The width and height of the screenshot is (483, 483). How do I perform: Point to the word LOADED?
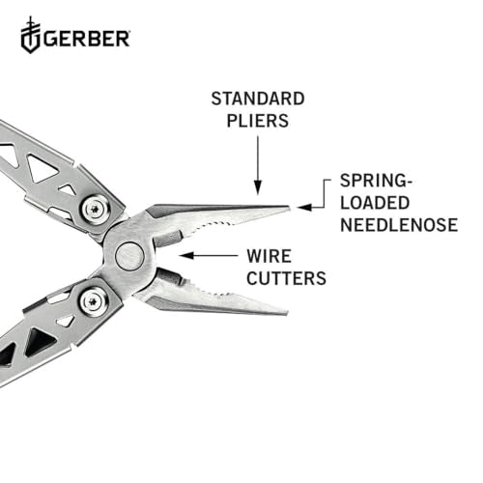pos(374,205)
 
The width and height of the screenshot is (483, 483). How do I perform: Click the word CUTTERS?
pos(287,279)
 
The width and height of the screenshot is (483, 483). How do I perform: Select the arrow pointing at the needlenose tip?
pos(312,206)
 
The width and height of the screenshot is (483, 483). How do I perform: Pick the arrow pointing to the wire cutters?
pos(205,256)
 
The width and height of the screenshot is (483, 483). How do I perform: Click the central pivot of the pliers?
pos(128,256)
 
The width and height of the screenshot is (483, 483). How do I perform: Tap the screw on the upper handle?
pos(95,208)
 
